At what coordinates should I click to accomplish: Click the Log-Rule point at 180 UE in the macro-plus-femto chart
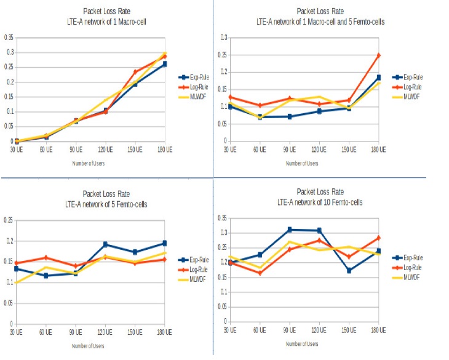tap(379, 55)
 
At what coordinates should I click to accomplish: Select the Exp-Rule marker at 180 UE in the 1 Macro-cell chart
tap(165, 63)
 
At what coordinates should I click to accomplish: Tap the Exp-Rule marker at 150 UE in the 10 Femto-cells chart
tap(349, 271)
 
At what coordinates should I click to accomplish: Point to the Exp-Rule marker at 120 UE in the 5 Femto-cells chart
tap(105, 244)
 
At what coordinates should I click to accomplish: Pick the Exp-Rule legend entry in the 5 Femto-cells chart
tap(196, 259)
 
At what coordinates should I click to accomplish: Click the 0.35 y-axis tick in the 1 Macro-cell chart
tap(9, 38)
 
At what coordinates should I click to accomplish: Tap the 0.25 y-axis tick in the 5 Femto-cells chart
tap(9, 220)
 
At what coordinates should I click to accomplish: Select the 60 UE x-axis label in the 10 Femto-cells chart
tap(259, 330)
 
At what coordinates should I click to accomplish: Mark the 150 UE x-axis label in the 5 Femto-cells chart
tap(135, 332)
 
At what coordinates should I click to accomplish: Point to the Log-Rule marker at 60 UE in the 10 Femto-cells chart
tap(259, 273)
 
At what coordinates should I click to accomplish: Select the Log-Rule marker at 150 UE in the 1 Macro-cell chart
tap(135, 72)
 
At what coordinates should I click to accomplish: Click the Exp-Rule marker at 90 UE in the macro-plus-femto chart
tap(289, 116)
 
